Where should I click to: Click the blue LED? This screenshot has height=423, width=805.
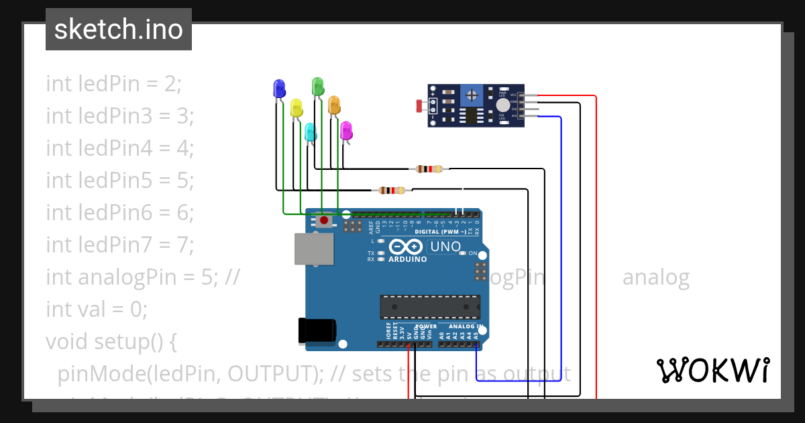point(279,88)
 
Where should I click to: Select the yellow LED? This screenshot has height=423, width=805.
point(297,108)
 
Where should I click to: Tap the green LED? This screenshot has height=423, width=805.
point(318,86)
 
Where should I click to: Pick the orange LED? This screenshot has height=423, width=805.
point(334,105)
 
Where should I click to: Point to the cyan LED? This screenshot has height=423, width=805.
point(310,132)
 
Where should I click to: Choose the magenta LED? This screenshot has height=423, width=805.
point(346,130)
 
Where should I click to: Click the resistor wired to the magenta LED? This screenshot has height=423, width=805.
point(429,169)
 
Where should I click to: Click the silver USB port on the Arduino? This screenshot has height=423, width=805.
point(314,248)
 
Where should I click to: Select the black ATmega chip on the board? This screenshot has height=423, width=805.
point(430,306)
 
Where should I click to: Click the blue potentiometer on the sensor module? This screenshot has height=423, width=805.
point(473,95)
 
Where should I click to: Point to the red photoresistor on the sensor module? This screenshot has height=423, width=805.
point(421,105)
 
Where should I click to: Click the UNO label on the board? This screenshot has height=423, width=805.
point(445,247)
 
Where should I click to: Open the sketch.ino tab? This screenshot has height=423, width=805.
point(119,30)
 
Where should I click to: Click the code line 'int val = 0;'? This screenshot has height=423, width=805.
point(96,310)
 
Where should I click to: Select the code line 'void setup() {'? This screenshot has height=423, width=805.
point(111,342)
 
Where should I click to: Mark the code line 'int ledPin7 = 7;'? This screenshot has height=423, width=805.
point(119,245)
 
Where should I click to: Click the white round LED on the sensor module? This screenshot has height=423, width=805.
point(503,104)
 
